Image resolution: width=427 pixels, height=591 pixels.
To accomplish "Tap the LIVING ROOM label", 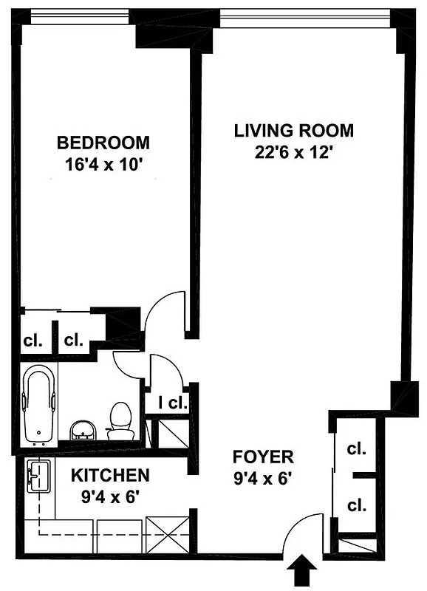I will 293,131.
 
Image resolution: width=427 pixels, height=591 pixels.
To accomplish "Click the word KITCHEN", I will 110,475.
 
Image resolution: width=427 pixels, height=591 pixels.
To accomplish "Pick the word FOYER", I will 263,457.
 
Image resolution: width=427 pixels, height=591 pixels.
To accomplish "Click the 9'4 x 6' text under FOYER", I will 263,478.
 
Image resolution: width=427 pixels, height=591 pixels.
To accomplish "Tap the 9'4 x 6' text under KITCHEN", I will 110,496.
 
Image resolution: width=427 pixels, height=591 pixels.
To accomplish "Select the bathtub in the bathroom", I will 38,406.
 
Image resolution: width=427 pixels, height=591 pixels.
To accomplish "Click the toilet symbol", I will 120,420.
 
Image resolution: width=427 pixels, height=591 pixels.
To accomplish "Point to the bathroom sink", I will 82,429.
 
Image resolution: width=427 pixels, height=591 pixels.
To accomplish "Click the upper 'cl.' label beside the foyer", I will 356,448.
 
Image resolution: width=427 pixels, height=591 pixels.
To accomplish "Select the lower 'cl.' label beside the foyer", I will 356,505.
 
